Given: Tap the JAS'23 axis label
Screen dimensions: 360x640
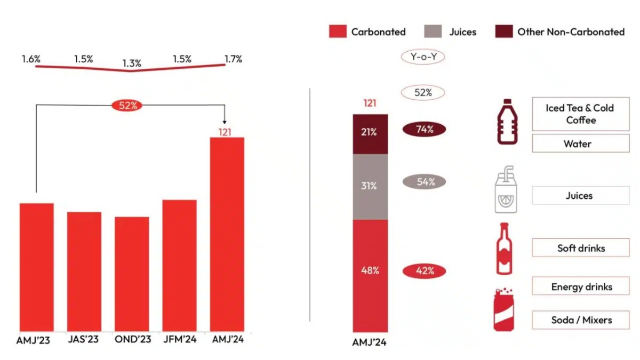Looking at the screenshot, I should coord(84,339).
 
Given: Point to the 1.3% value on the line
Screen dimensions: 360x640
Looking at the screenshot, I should coord(131,63).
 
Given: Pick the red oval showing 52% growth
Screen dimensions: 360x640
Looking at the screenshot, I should coord(128,105).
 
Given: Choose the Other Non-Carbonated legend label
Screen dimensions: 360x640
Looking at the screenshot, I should coord(571,32).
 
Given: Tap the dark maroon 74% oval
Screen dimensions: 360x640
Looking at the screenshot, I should coord(423,129).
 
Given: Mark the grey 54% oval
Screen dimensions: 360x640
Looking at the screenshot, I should coord(423,182).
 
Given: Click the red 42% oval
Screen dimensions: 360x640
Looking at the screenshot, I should coord(423,270).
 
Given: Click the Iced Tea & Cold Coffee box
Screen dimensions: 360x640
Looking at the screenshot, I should coord(580,114).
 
